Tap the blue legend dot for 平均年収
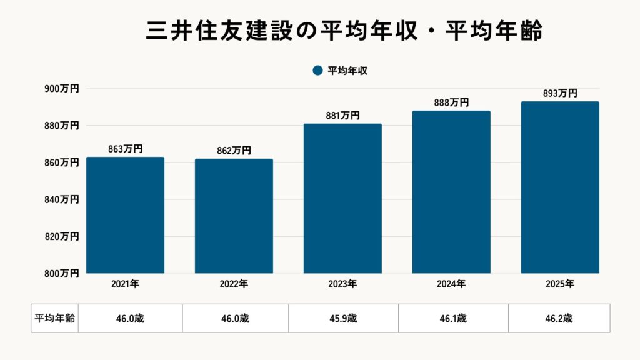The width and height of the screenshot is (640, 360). coord(317,71)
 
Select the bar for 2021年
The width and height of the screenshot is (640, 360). coord(125,215)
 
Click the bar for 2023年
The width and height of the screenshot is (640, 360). coord(342,198)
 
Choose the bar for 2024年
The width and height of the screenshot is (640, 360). coord(451,192)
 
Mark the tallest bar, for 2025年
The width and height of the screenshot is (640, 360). coord(560,187)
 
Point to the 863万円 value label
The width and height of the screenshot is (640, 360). coord(125,149)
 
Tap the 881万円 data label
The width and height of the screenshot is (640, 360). coord(342,115)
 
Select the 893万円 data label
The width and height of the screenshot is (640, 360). coord(560,93)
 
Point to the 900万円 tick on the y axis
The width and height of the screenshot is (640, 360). coord(61,89)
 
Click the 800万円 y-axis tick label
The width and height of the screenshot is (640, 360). coord(61,273)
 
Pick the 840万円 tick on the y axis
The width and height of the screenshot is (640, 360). coord(61,199)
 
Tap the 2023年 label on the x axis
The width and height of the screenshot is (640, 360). coord(342,284)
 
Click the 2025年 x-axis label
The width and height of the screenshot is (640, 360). coord(560,284)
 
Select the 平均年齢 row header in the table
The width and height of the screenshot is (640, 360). coord(54,318)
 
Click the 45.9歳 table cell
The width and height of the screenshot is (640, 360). coord(343,318)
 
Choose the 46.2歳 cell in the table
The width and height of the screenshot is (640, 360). coord(559,318)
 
